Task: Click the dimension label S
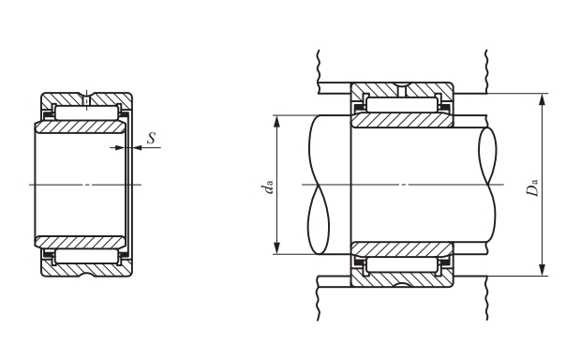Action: click(x=151, y=138)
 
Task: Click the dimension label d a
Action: click(x=267, y=187)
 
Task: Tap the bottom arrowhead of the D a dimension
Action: click(x=542, y=270)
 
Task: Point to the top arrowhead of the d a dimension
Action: click(x=276, y=122)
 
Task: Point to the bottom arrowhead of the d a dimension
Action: click(x=276, y=247)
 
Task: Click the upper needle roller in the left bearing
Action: click(x=86, y=112)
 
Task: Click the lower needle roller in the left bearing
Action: click(x=86, y=256)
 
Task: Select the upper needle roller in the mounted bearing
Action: click(x=402, y=105)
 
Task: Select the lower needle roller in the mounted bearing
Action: click(x=402, y=265)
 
